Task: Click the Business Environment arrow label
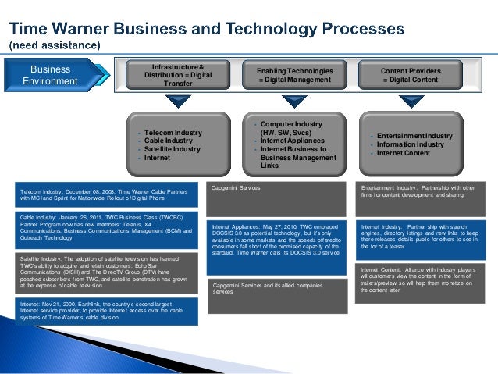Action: pyautogui.click(x=50, y=75)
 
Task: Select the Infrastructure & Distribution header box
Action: pyautogui.click(x=178, y=75)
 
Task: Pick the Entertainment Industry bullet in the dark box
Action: pyautogui.click(x=414, y=136)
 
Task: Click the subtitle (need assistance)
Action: pyautogui.click(x=55, y=45)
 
